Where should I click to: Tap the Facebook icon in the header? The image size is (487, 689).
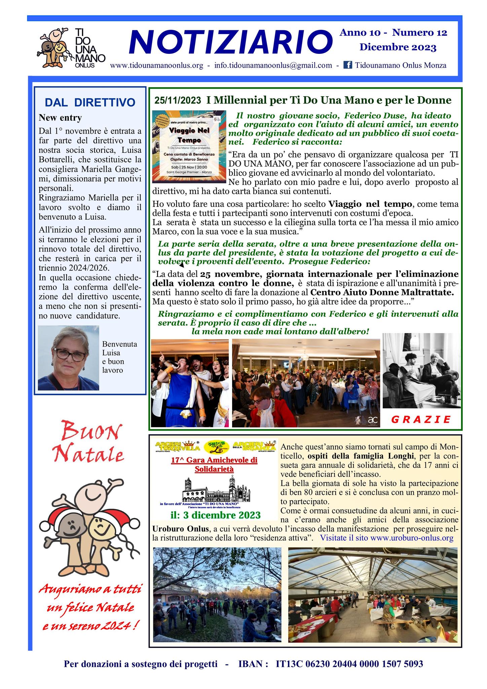pyautogui.click(x=347, y=65)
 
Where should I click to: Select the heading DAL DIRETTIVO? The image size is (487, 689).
pyautogui.click(x=90, y=103)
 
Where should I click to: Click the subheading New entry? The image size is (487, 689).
pyautogui.click(x=60, y=118)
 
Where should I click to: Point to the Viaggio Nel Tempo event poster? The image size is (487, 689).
pyautogui.click(x=189, y=147)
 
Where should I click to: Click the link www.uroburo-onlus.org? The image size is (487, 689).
pyautogui.click(x=412, y=538)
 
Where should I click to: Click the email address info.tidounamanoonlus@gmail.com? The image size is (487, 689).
pyautogui.click(x=273, y=65)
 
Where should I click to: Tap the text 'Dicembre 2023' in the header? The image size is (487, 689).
pyautogui.click(x=398, y=47)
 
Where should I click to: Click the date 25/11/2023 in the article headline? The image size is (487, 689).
pyautogui.click(x=178, y=100)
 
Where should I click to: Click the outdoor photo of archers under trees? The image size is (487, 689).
pyautogui.click(x=217, y=594)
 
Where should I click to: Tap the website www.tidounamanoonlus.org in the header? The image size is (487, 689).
pyautogui.click(x=156, y=65)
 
